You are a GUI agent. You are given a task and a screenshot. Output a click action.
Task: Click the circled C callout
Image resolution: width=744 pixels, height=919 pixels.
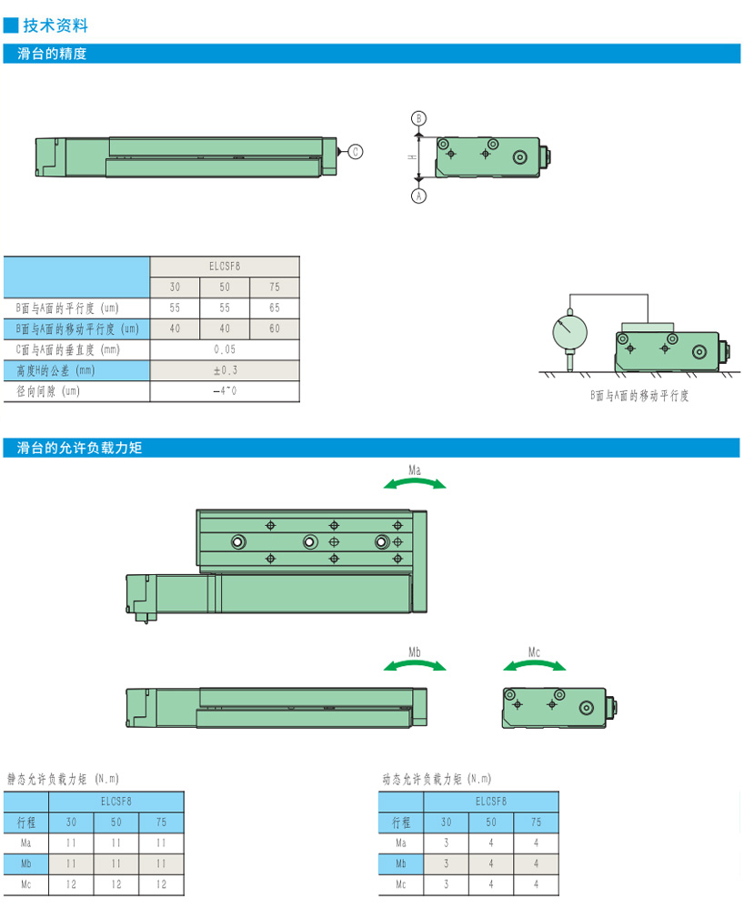[x=356, y=151]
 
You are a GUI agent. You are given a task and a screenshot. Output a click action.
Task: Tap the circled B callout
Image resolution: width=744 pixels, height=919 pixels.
[x=418, y=118]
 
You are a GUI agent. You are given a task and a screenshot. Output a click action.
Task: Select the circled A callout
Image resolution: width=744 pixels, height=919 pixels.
[x=418, y=196]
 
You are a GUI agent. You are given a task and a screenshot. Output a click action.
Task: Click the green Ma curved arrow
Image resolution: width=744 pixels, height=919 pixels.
[x=415, y=483]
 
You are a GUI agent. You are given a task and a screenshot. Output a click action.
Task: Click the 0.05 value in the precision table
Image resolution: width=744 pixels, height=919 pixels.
[x=225, y=349]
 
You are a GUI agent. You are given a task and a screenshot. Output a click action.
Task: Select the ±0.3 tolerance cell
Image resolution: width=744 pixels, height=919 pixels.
[x=225, y=370]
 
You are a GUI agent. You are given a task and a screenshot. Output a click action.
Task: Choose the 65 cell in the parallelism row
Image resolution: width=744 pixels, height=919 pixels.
[x=275, y=308]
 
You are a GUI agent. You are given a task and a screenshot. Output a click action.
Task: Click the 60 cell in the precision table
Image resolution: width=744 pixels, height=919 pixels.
[x=275, y=328]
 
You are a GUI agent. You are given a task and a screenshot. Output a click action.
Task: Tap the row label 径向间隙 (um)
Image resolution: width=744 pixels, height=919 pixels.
[x=51, y=391]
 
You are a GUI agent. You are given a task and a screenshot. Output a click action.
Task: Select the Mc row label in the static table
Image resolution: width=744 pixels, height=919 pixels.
[x=26, y=884]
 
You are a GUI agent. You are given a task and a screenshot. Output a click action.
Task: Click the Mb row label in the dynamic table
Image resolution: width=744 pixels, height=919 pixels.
[x=401, y=863]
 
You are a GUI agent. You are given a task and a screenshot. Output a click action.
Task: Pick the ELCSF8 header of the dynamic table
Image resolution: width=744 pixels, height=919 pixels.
[x=491, y=802]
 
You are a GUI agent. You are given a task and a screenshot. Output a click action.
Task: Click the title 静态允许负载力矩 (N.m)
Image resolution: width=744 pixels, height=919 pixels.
[x=63, y=779]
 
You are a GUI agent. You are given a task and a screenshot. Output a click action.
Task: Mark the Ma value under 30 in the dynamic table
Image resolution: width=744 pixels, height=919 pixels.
[x=447, y=843]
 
